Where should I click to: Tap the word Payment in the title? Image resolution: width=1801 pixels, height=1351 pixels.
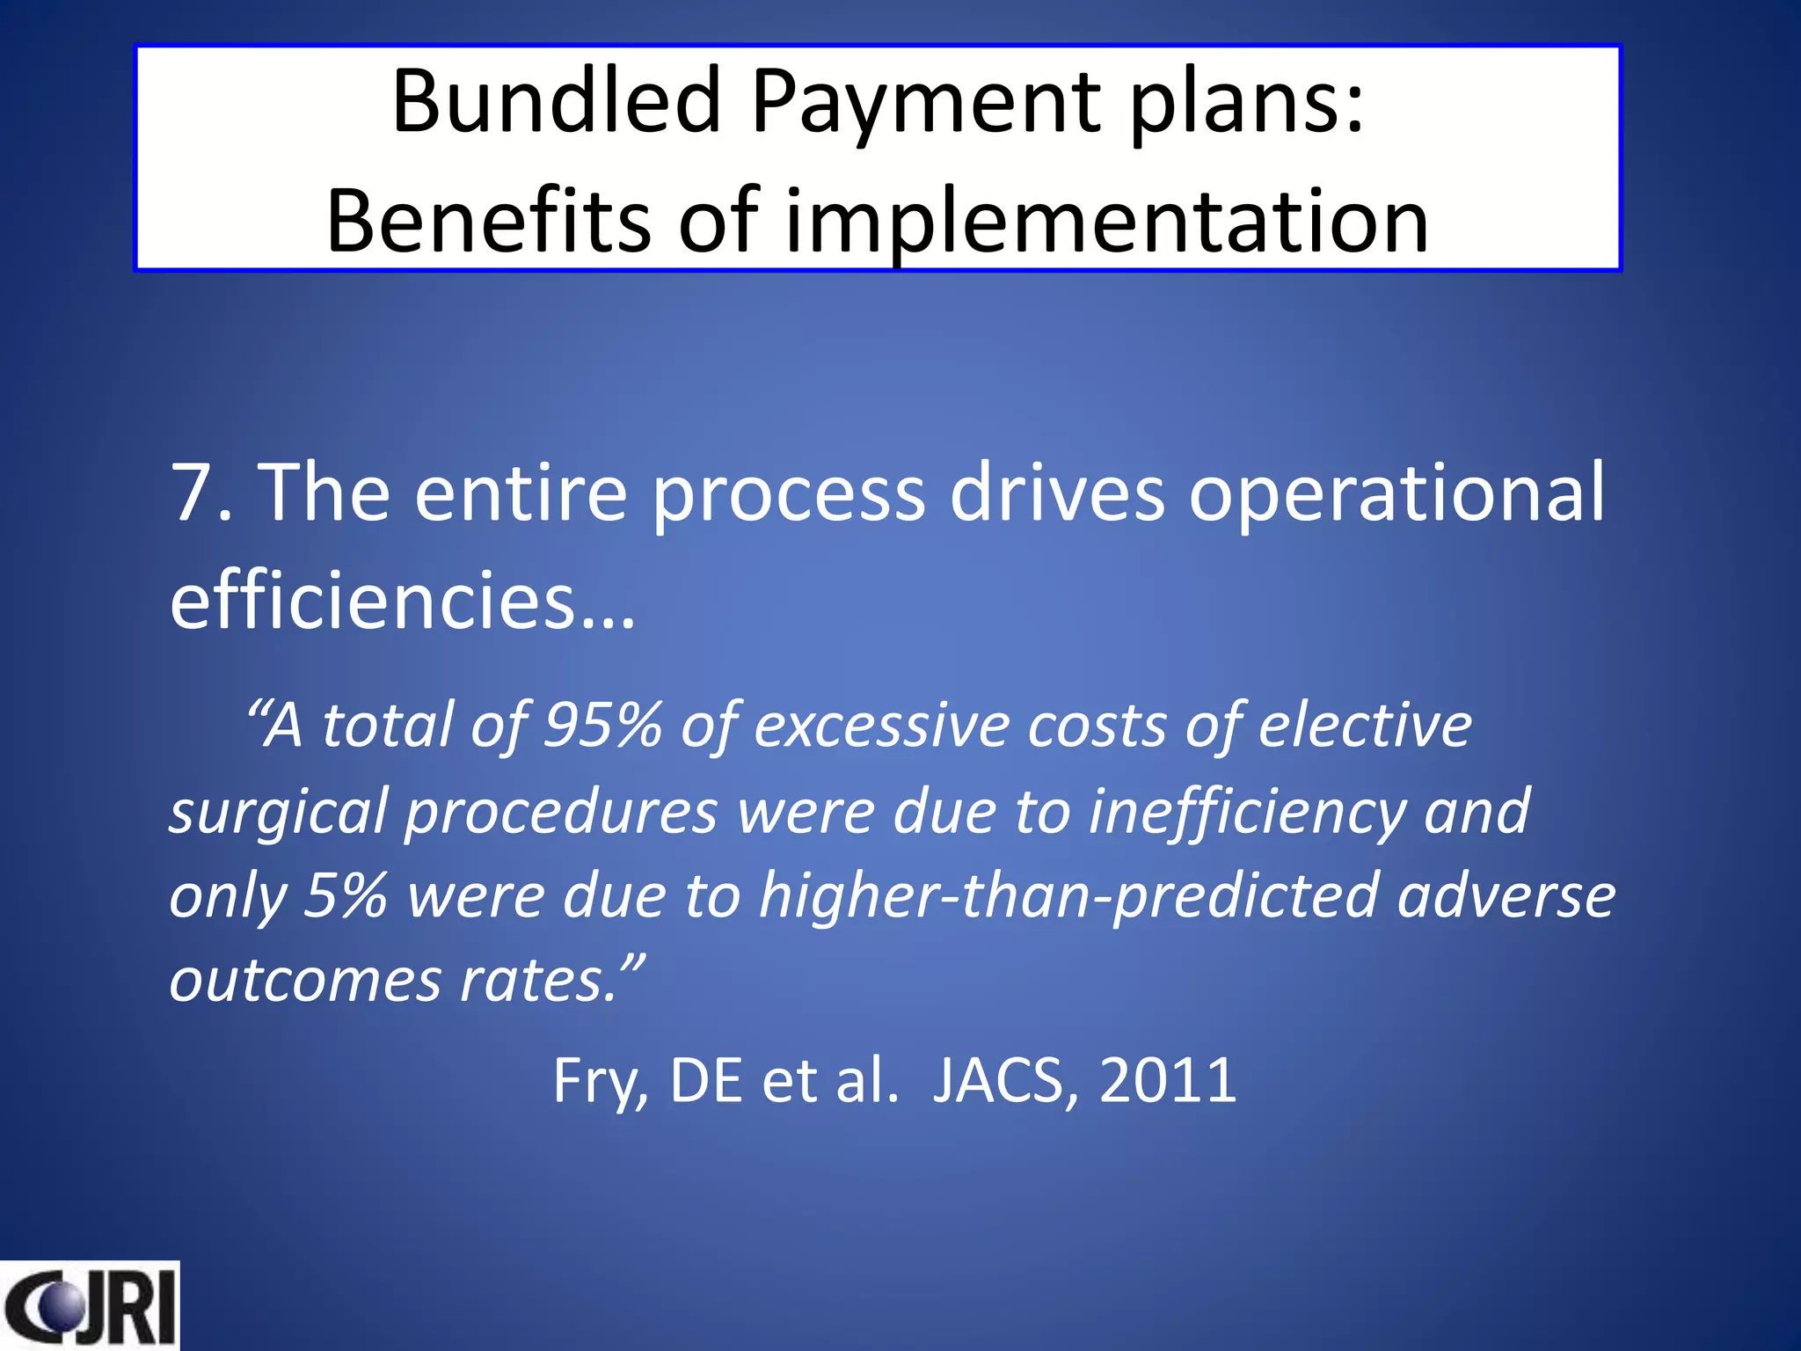927,104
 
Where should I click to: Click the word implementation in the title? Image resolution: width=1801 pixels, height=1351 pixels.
1106,222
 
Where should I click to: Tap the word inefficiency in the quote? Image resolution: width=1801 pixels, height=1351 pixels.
1247,811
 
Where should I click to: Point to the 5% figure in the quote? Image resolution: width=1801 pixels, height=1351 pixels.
345,895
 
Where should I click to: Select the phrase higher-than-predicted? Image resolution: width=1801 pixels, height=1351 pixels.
1067,895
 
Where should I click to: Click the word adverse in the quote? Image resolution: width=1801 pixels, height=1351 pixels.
1506,895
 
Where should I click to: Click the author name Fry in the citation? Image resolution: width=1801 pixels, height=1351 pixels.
599,1081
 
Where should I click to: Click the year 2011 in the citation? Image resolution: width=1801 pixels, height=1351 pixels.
1168,1081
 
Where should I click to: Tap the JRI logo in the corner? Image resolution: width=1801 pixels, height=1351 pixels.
89,1305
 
